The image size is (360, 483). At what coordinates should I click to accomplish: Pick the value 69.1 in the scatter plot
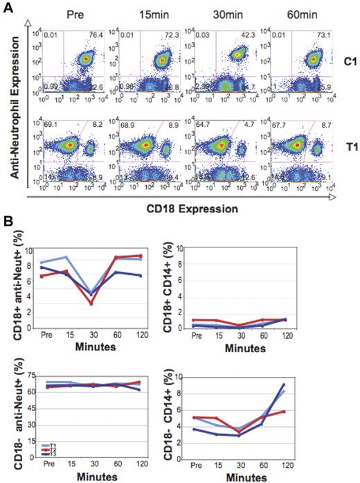click(x=48, y=123)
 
